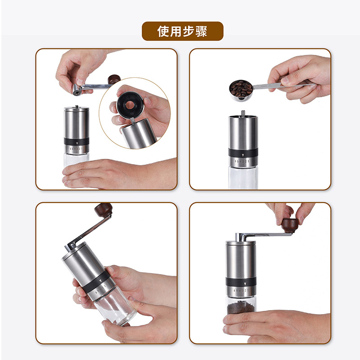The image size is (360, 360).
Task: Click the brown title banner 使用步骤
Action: [182, 31]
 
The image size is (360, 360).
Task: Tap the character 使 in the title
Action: [163, 31]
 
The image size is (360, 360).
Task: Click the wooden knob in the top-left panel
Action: [114, 80]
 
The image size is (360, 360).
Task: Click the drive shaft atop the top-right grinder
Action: [243, 112]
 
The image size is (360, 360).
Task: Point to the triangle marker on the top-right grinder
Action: [243, 152]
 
